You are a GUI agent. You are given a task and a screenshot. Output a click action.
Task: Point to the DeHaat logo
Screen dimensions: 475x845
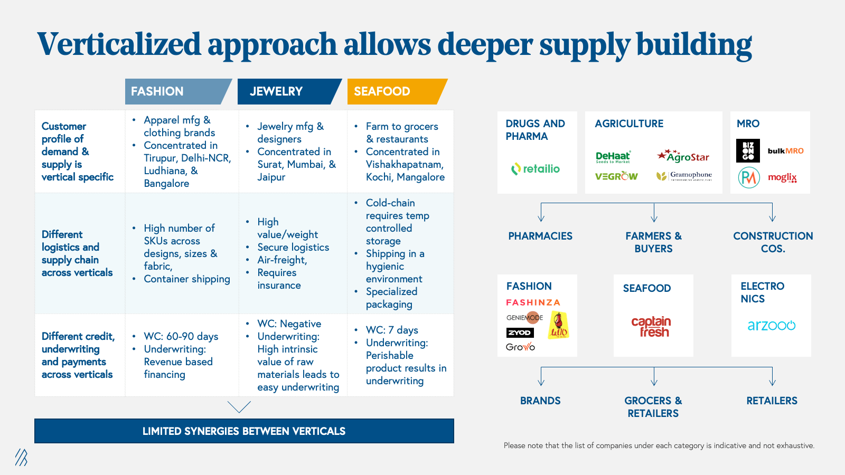613,157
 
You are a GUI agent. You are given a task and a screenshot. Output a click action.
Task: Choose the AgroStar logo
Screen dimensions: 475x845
683,156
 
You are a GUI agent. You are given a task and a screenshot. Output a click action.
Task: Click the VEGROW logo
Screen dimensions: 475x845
616,176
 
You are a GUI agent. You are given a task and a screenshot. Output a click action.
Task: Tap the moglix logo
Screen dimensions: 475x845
782,177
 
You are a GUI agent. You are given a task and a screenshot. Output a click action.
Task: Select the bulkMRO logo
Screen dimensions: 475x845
785,151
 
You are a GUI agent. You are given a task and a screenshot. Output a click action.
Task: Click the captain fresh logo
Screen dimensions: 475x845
651,327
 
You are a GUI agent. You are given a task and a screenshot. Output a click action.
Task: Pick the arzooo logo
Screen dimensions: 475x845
771,326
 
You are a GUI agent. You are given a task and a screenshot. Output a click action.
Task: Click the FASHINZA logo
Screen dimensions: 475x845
533,302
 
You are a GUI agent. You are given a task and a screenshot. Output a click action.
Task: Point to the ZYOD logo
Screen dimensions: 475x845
520,332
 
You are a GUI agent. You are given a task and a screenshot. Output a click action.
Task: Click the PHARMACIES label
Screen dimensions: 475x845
540,236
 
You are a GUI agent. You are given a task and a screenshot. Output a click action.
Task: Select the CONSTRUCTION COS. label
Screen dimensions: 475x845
773,242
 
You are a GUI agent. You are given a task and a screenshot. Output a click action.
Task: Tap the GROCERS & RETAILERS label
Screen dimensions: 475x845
653,407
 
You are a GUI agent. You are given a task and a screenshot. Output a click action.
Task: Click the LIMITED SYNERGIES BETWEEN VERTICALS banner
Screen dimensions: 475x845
244,431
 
